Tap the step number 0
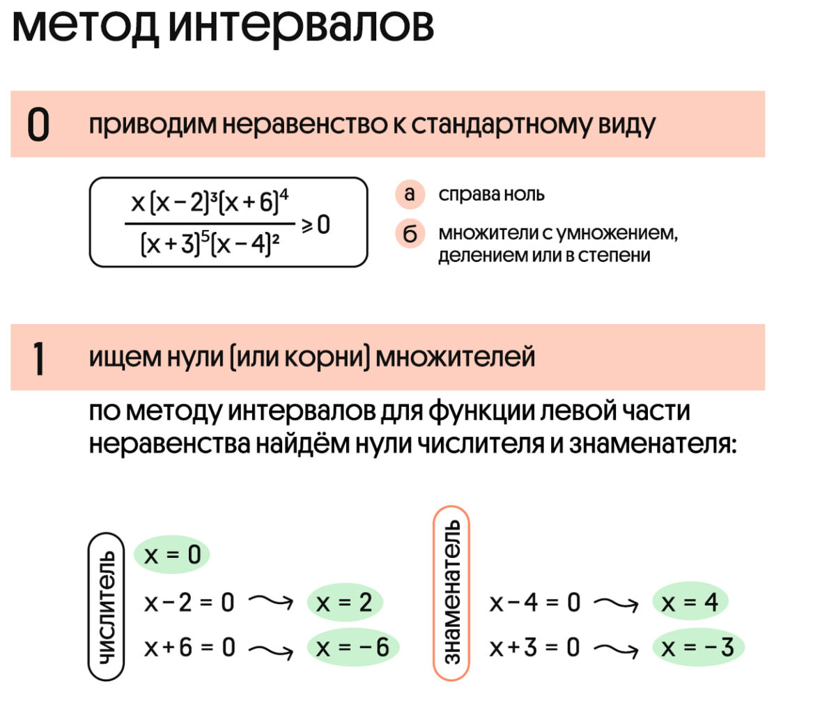pyautogui.click(x=38, y=125)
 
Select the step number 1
pyautogui.click(x=39, y=358)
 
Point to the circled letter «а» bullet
pyautogui.click(x=410, y=194)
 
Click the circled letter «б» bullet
pyautogui.click(x=410, y=233)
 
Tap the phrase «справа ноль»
pyautogui.click(x=491, y=194)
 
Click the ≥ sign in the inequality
pyautogui.click(x=307, y=225)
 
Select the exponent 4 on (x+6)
pyautogui.click(x=284, y=194)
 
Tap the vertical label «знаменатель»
pyautogui.click(x=451, y=592)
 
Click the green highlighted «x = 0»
pyautogui.click(x=171, y=555)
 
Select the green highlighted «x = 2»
pyautogui.click(x=344, y=603)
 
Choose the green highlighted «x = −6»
pyautogui.click(x=353, y=648)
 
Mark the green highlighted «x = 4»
pyautogui.click(x=690, y=603)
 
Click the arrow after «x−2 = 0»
pyautogui.click(x=270, y=602)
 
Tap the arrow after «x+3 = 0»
pyautogui.click(x=615, y=649)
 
